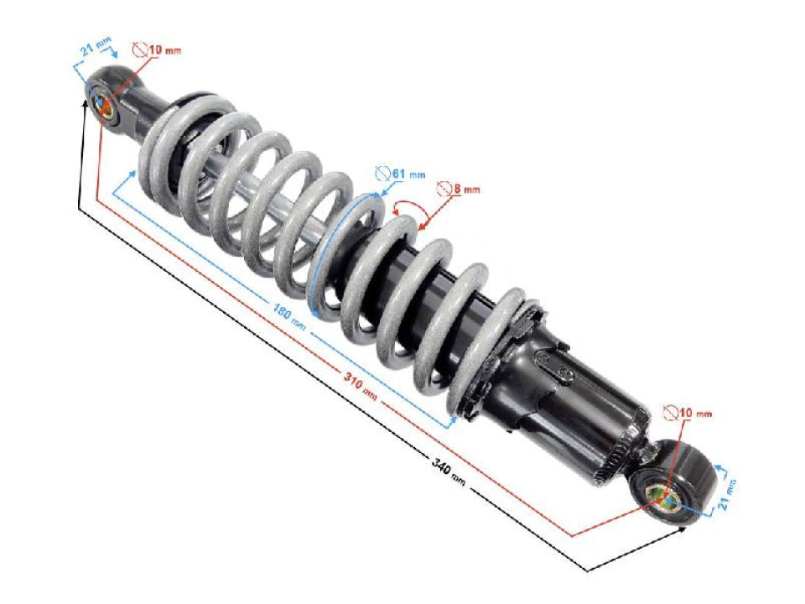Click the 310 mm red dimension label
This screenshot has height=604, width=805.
click(361, 386)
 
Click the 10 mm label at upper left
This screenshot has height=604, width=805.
click(164, 50)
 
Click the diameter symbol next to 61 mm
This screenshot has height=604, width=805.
click(382, 174)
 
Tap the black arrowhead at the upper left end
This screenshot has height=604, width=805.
click(85, 103)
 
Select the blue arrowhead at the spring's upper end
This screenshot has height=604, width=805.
click(132, 171)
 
